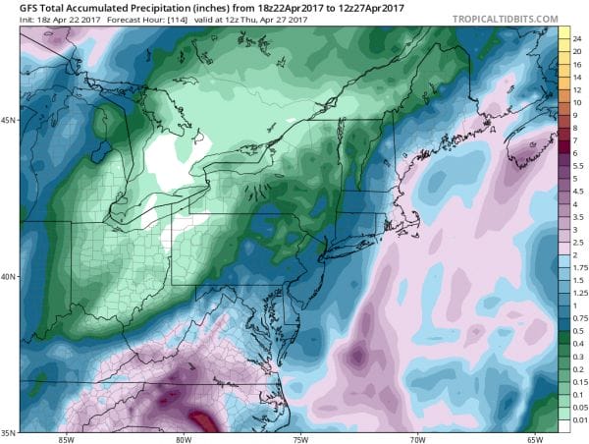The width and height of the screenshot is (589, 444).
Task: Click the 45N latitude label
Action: click(x=9, y=121)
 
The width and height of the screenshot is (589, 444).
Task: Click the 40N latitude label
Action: click(x=9, y=276)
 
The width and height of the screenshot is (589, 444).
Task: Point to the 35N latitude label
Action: click(x=9, y=430)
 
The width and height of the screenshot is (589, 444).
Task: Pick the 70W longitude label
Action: click(x=418, y=438)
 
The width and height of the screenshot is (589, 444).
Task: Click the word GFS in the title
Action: click(x=15, y=8)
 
